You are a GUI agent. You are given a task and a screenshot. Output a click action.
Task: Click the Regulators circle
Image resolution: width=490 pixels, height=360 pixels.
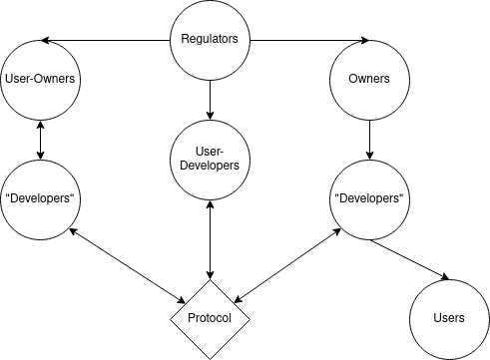[210, 41]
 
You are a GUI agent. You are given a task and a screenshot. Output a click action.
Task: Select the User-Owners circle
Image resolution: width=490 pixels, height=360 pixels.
[41, 79]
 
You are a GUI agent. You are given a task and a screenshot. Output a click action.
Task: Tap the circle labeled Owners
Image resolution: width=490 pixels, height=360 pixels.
[368, 79]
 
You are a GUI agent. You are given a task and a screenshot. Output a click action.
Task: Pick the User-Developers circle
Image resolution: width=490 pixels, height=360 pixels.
[210, 158]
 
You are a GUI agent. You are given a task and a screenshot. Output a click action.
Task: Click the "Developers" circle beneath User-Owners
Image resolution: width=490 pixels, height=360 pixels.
[41, 197]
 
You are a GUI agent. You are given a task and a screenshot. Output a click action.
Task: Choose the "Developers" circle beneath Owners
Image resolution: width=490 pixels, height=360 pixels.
[368, 197]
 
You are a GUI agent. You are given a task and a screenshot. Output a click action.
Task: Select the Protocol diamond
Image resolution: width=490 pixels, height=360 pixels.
[210, 318]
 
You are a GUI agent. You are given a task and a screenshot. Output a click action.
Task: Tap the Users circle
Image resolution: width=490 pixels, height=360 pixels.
[449, 318]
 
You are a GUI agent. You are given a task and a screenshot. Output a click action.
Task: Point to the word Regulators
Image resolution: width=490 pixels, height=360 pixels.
[210, 41]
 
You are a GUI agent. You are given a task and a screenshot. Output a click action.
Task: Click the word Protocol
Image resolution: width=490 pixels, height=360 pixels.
[210, 318]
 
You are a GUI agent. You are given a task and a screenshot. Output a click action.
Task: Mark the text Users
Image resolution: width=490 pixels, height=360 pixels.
[449, 318]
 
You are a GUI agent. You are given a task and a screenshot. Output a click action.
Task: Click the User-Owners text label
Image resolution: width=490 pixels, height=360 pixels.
[41, 79]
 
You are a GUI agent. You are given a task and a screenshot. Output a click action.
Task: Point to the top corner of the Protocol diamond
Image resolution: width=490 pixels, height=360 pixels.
[210, 280]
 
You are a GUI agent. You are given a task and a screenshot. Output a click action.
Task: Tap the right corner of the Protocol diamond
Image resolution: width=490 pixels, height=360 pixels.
[247, 318]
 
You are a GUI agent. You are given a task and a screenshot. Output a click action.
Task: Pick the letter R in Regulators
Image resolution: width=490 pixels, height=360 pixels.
[185, 41]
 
